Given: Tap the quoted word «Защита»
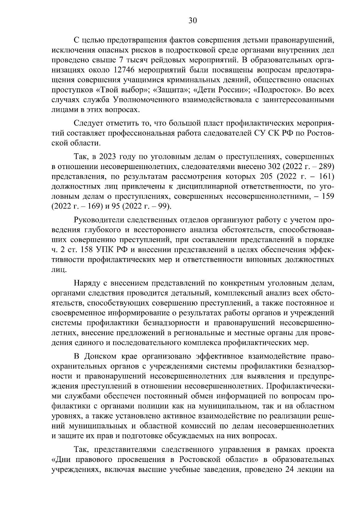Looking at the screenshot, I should tap(162, 90).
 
